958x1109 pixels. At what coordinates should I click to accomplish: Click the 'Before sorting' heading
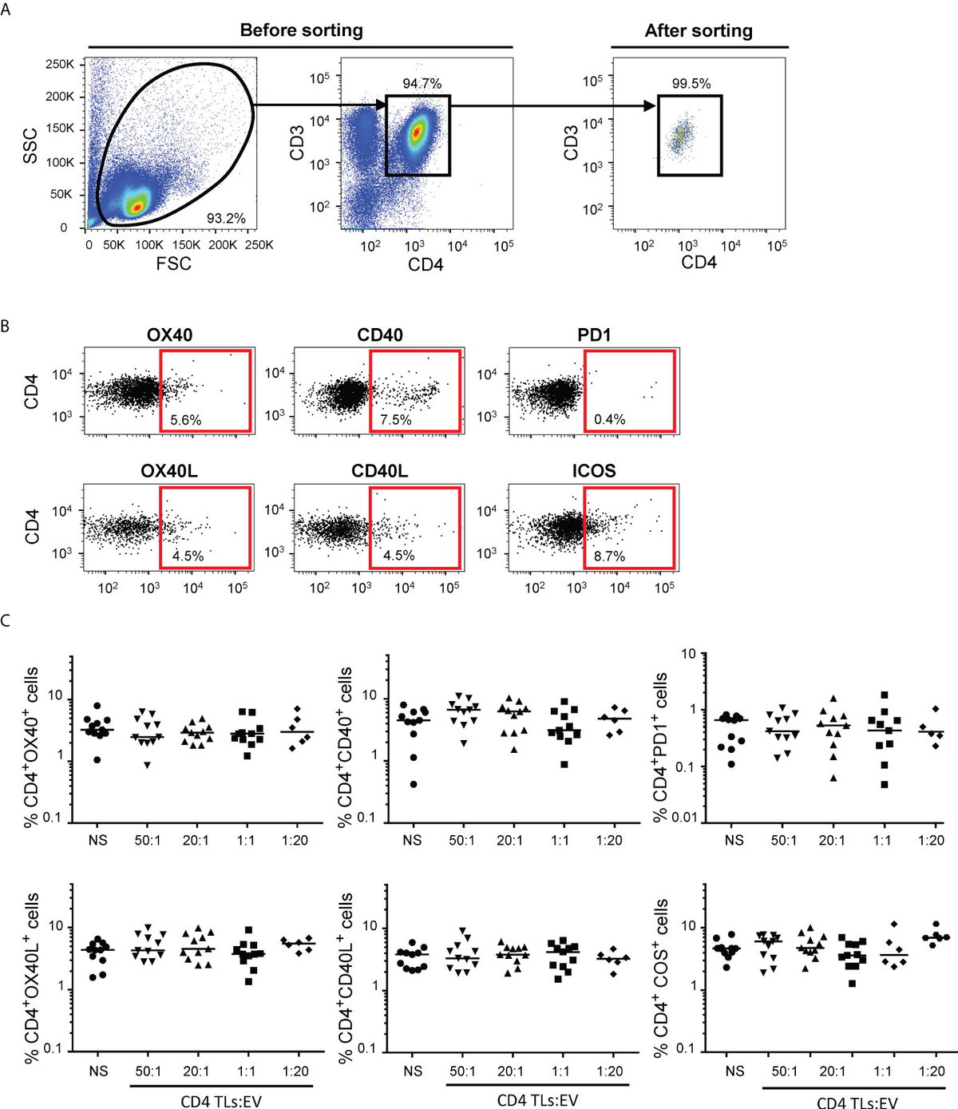pyautogui.click(x=301, y=30)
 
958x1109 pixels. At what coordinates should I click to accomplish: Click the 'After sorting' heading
pyautogui.click(x=699, y=30)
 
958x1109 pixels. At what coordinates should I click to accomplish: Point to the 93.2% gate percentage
pyautogui.click(x=226, y=218)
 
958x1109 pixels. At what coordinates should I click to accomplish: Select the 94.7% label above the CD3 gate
pyautogui.click(x=422, y=84)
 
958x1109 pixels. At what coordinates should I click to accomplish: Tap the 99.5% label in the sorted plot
pyautogui.click(x=691, y=84)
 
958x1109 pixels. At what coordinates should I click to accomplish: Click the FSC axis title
pyautogui.click(x=173, y=263)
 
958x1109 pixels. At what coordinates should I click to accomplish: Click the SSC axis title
pyautogui.click(x=30, y=146)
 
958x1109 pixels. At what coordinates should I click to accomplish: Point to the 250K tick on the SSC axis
pyautogui.click(x=60, y=64)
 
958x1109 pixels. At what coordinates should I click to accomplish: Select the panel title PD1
pyautogui.click(x=594, y=335)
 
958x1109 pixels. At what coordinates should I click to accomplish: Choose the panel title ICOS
pyautogui.click(x=593, y=471)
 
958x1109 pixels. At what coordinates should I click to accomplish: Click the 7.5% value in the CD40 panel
pyautogui.click(x=396, y=419)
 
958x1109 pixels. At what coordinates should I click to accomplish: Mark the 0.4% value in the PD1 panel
pyautogui.click(x=609, y=419)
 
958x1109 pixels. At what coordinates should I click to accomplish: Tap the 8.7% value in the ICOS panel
pyautogui.click(x=609, y=556)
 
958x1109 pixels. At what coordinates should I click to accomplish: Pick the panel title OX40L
pyautogui.click(x=169, y=471)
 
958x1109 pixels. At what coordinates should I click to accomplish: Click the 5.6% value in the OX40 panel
pyautogui.click(x=185, y=419)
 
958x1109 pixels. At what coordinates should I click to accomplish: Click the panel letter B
pyautogui.click(x=6, y=327)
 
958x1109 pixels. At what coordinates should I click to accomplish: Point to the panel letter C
pyautogui.click(x=6, y=620)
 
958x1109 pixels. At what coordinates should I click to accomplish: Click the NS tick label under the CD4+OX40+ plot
pyautogui.click(x=97, y=840)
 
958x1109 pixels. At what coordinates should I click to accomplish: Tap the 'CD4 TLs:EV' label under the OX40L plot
pyautogui.click(x=221, y=1102)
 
